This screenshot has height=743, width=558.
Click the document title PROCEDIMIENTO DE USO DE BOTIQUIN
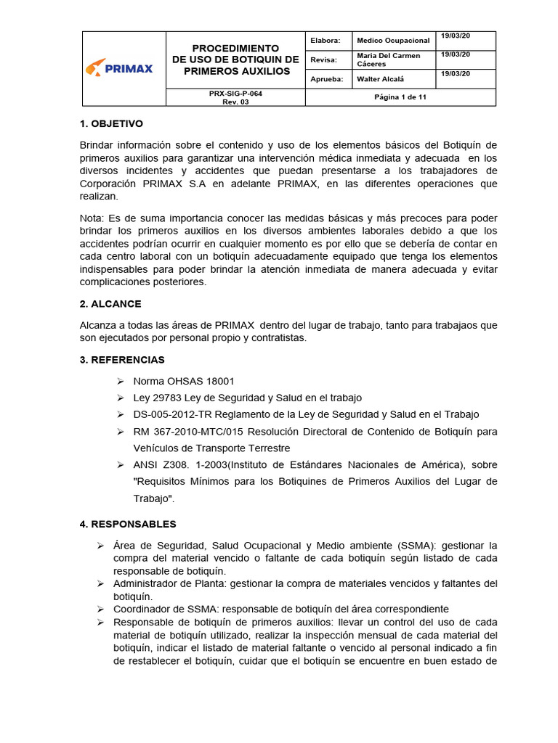pyautogui.click(x=235, y=59)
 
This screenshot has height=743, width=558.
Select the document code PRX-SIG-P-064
pyautogui.click(x=235, y=94)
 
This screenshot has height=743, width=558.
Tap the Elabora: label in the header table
pyautogui.click(x=325, y=41)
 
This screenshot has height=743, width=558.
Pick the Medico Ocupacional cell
pyautogui.click(x=393, y=41)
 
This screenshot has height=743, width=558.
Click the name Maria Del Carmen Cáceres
pyautogui.click(x=389, y=59)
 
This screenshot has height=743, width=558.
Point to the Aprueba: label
pyautogui.click(x=326, y=78)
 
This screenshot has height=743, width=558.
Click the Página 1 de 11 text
pyautogui.click(x=400, y=97)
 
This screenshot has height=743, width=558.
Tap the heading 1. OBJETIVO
pyautogui.click(x=111, y=124)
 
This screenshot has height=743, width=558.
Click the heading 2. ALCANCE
pyautogui.click(x=110, y=304)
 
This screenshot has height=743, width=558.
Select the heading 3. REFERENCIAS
pyautogui.click(x=122, y=360)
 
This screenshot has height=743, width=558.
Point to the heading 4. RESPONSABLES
pyautogui.click(x=128, y=524)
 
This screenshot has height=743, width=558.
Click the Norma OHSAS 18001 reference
pyautogui.click(x=184, y=381)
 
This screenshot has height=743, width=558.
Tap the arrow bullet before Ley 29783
pyautogui.click(x=121, y=398)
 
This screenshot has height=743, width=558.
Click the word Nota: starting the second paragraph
pyautogui.click(x=92, y=218)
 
